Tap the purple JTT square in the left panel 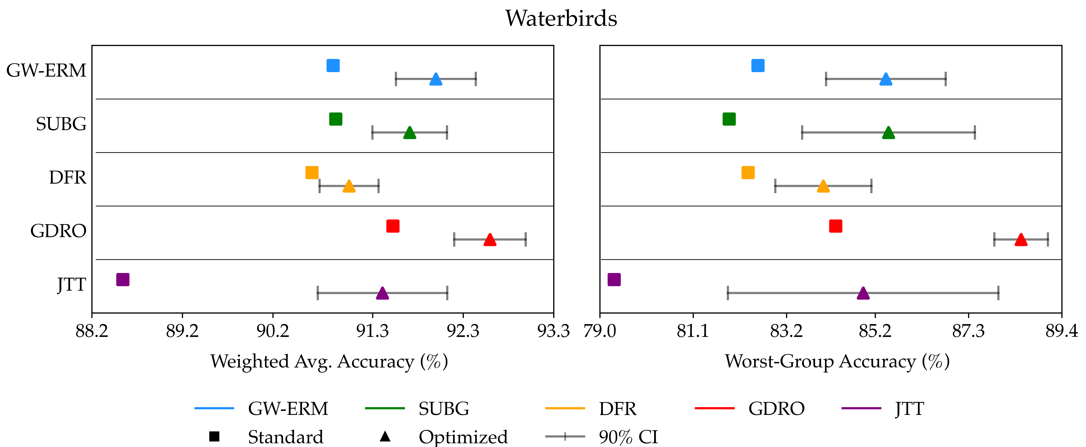coord(123,279)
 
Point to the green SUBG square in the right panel coord(729,119)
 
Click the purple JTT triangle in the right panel coord(863,293)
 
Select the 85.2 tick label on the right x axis coord(875,331)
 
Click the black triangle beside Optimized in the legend coord(385,436)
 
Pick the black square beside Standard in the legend coord(214,436)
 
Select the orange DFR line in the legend coord(565,408)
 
